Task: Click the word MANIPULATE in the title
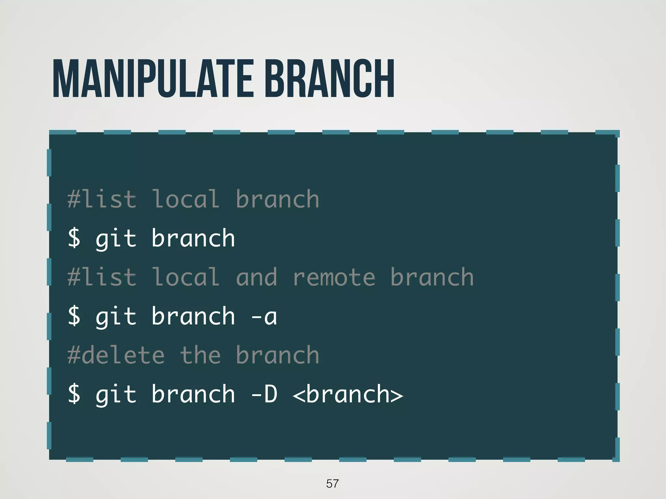pyautogui.click(x=153, y=79)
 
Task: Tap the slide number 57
pyautogui.click(x=332, y=483)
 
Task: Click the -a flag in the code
pyautogui.click(x=264, y=316)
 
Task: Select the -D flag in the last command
pyautogui.click(x=264, y=394)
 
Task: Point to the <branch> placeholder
pyautogui.click(x=348, y=394)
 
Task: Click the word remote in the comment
pyautogui.click(x=334, y=277)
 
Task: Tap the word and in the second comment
pyautogui.click(x=257, y=277)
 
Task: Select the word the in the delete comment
pyautogui.click(x=200, y=355)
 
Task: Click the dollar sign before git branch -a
pyautogui.click(x=74, y=316)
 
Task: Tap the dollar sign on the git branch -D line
pyautogui.click(x=74, y=394)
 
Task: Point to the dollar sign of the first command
pyautogui.click(x=74, y=238)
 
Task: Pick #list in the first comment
pyautogui.click(x=102, y=199)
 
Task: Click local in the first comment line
pyautogui.click(x=186, y=199)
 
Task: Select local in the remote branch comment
pyautogui.click(x=186, y=277)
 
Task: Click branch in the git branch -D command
pyautogui.click(x=193, y=394)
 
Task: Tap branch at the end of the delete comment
pyautogui.click(x=277, y=355)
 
